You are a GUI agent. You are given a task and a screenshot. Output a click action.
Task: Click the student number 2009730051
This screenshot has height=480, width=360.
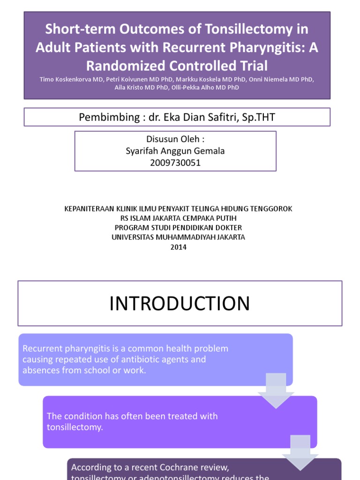tap(175, 163)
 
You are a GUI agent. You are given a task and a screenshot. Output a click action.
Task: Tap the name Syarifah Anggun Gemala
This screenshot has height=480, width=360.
tap(175, 151)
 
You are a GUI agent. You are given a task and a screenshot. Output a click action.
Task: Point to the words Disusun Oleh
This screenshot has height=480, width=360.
tap(175, 139)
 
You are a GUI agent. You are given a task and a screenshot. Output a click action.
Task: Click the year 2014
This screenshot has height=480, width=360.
tap(178, 247)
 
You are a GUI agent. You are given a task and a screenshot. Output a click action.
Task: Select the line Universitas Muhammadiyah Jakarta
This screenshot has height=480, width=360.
tap(178, 237)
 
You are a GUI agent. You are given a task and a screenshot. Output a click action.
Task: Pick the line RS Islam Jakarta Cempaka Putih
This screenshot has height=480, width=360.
tap(178, 218)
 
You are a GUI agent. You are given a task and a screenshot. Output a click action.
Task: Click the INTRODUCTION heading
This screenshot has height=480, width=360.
tap(180, 303)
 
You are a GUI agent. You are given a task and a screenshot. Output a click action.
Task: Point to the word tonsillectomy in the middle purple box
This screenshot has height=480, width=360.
tap(75, 427)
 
